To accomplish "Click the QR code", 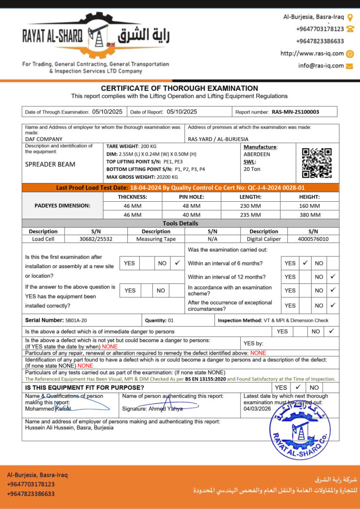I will tap(317, 163).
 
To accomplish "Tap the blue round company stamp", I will tap(300, 428).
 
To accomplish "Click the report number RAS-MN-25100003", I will tap(295, 112).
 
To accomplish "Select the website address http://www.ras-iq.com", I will tap(312, 54).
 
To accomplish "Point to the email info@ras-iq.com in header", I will tap(321, 66).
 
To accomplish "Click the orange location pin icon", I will tap(350, 17).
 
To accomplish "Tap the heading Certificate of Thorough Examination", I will tap(180, 88).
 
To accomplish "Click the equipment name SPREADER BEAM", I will tap(50, 164).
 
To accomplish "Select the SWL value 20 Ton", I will tap(252, 169).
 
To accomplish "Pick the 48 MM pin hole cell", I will tap(191, 205).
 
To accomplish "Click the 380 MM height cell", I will tap(309, 215).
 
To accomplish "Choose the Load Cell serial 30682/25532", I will tap(96, 239).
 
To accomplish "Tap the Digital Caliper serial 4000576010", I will tap(313, 239).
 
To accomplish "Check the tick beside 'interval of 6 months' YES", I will tap(305, 262).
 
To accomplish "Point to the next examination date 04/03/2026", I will tap(257, 409).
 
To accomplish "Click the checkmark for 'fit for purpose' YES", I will tap(297, 387).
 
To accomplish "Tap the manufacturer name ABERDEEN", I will tap(257, 154).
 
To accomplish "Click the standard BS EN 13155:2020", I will tap(205, 379).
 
